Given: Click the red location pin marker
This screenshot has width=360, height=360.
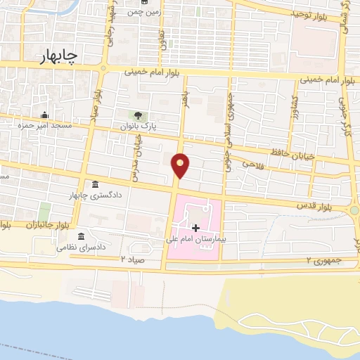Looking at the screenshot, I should coord(181,165).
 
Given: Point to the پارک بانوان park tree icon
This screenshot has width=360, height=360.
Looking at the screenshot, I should coord(138,116).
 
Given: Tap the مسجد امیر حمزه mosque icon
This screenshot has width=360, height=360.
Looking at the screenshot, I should coord(44,115).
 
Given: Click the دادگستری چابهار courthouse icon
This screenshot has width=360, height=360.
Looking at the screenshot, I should coord(95,185).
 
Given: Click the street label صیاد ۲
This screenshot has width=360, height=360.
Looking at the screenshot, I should coord(132,260).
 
